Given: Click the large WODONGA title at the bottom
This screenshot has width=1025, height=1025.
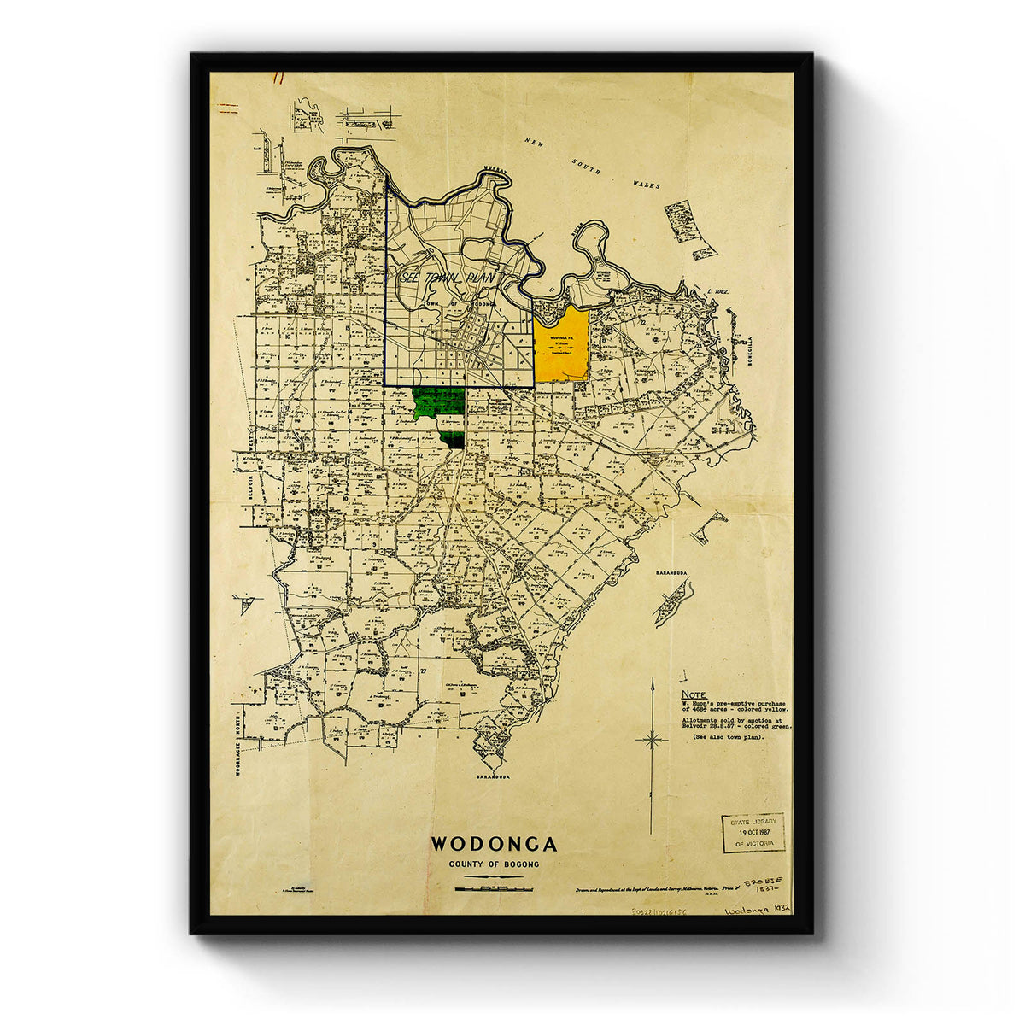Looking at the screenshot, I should click(494, 844).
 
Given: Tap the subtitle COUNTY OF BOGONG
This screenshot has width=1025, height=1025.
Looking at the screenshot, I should click(494, 864).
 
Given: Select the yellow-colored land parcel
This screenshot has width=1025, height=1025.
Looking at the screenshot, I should click(561, 346).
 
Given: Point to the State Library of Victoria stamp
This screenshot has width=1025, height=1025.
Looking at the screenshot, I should click(753, 832).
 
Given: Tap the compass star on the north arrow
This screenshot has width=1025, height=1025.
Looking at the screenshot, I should click(652, 739).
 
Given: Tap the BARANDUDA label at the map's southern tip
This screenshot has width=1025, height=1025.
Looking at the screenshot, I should click(494, 778).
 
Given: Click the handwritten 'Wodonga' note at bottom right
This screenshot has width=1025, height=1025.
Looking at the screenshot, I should click(748, 911).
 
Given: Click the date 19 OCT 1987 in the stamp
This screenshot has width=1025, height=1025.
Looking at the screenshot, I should click(753, 832).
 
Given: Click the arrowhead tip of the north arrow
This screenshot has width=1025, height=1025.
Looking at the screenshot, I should click(652, 681).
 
